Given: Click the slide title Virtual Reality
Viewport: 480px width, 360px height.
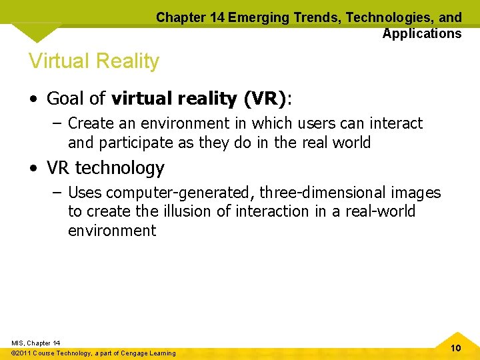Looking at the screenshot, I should [x=94, y=61].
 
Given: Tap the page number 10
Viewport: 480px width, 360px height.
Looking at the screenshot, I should [x=456, y=348].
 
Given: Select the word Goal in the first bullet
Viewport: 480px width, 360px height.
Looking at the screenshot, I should [x=66, y=99].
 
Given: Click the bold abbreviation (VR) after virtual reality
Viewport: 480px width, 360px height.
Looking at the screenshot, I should [x=265, y=99].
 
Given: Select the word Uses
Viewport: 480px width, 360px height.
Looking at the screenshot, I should [x=84, y=193].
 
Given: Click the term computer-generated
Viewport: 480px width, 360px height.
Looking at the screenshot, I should [x=179, y=193].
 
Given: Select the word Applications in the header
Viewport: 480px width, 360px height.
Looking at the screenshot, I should [x=421, y=33].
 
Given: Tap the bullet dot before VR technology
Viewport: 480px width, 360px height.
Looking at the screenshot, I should [x=33, y=168].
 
